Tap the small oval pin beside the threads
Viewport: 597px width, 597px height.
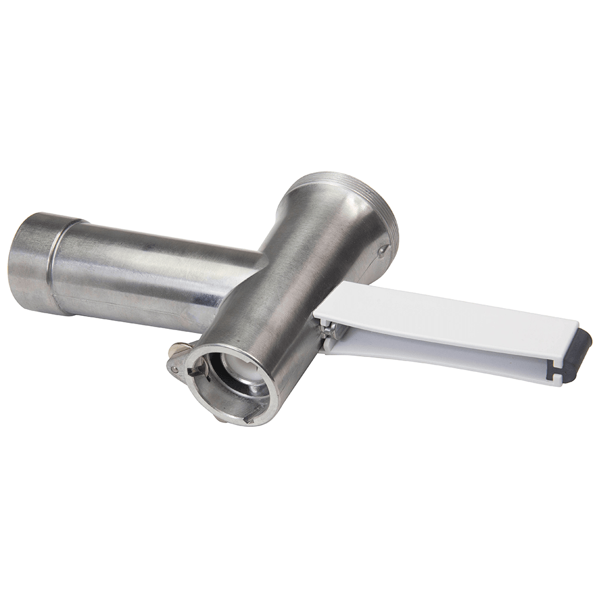click(x=381, y=251)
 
